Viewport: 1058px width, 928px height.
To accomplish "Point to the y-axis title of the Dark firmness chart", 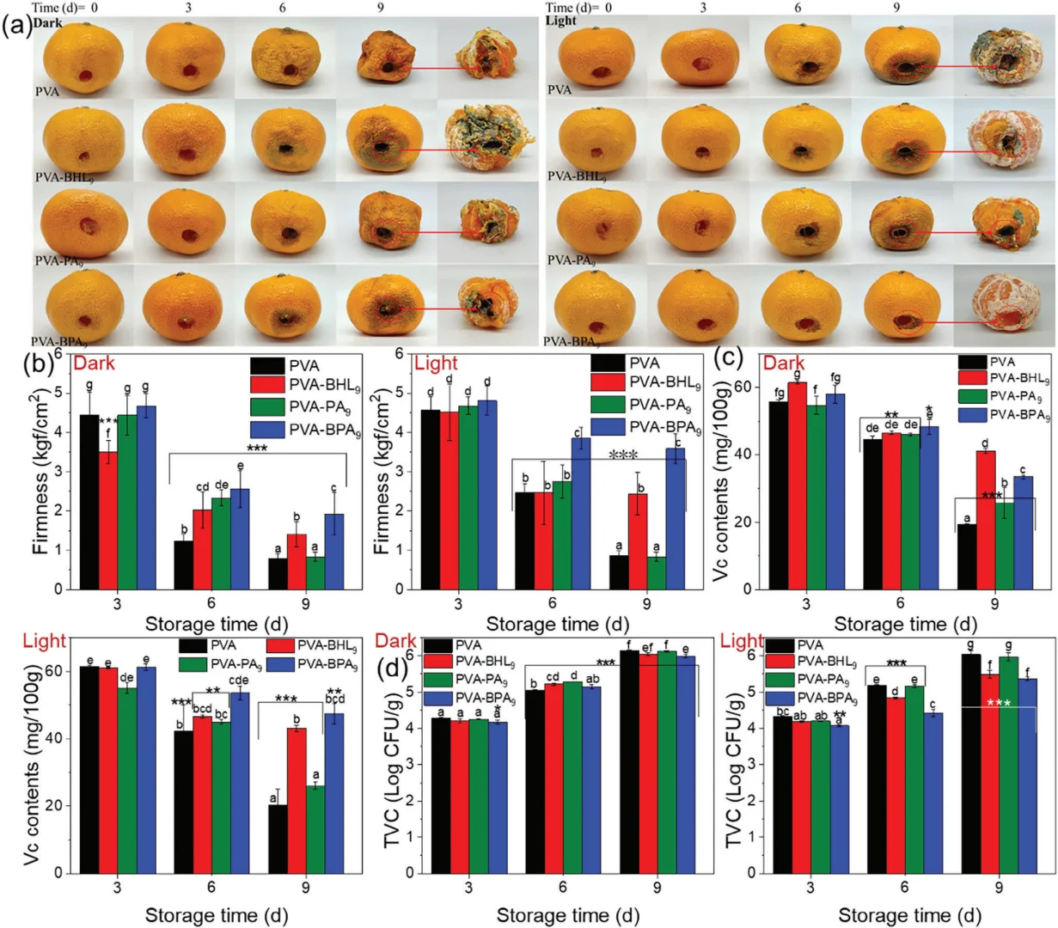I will pos(39,470).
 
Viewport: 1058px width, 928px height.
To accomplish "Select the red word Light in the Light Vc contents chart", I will pos(45,641).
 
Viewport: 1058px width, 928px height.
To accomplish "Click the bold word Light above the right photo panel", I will pos(561,20).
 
